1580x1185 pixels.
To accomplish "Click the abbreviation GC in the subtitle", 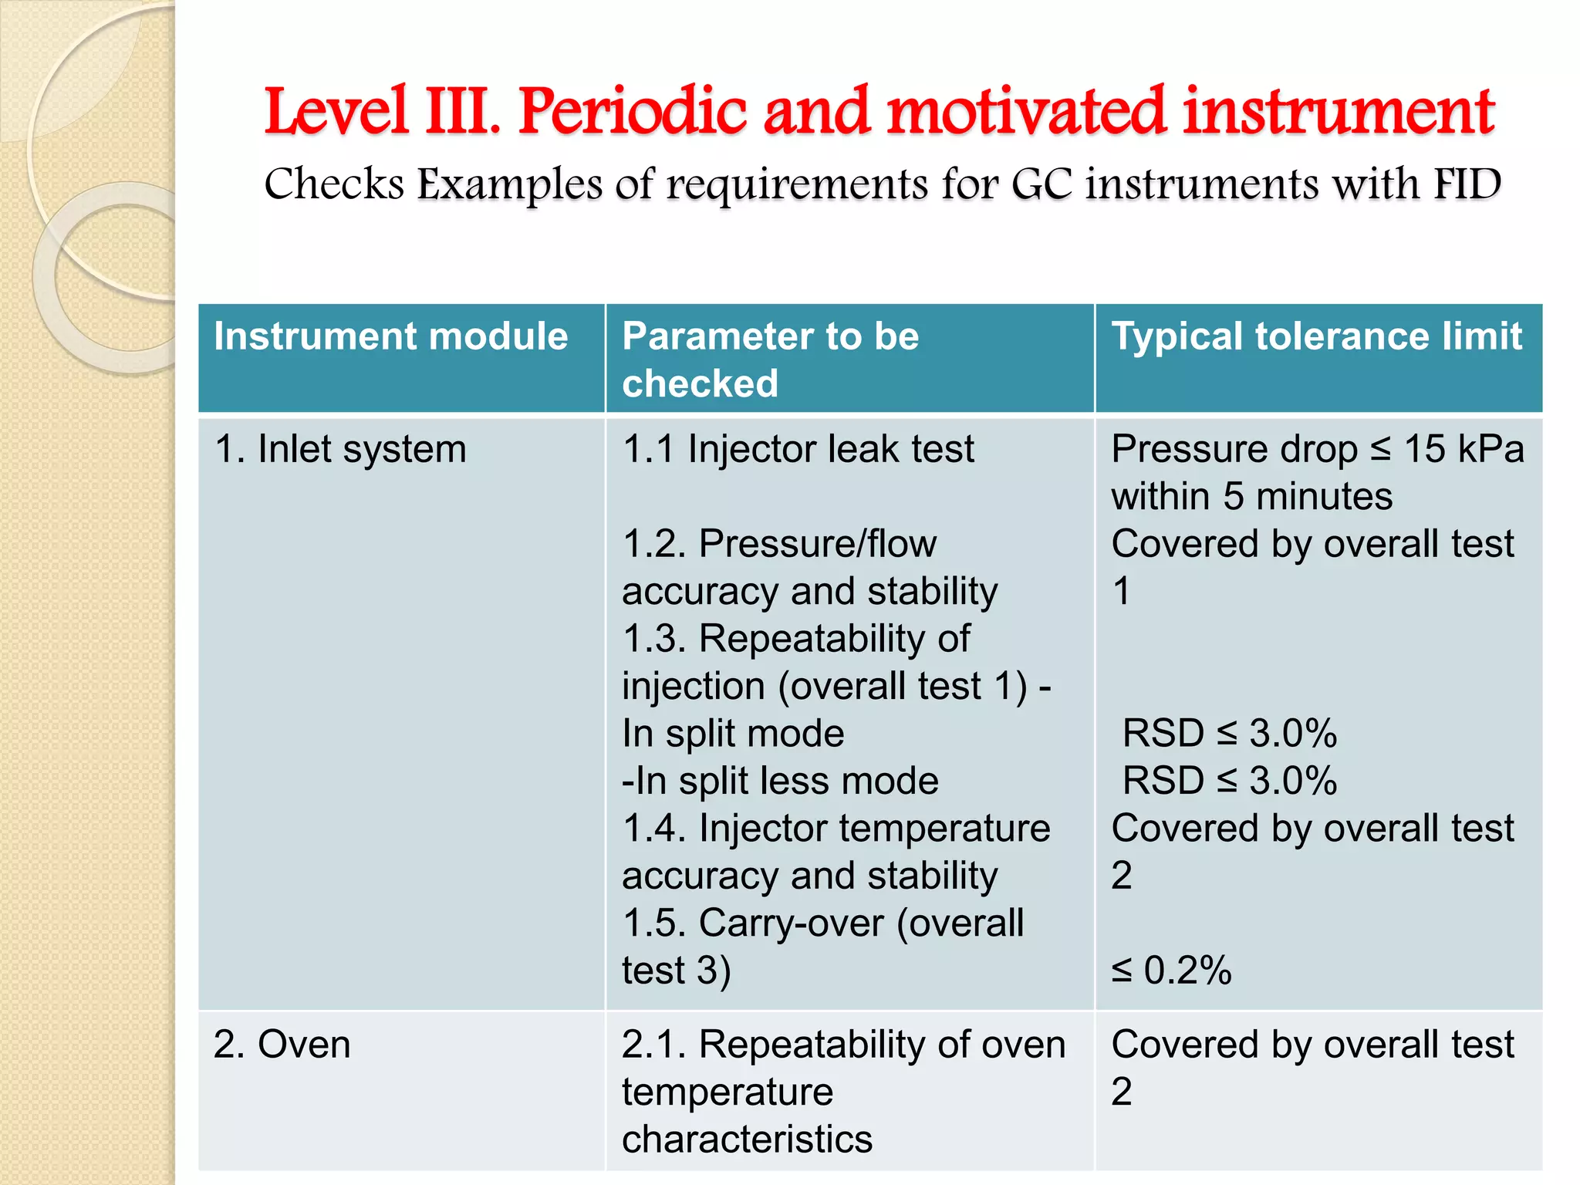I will [x=1042, y=185].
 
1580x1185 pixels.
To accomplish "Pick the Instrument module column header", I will [x=391, y=337].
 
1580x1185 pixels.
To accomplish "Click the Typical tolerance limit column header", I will [x=1316, y=337].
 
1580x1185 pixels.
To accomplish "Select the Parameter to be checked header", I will [x=770, y=360].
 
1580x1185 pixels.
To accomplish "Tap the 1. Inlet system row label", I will [x=340, y=449].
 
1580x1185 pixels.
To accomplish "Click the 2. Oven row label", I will [x=282, y=1045].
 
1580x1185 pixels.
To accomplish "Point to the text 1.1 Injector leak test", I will [x=798, y=449].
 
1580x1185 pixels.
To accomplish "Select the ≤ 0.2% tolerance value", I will [x=1171, y=971].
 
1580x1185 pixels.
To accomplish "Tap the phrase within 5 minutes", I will [x=1251, y=497].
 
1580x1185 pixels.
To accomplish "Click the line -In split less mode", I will [x=780, y=781].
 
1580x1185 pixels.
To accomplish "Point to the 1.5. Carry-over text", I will [x=822, y=923].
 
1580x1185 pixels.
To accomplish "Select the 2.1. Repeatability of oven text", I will [x=843, y=1045].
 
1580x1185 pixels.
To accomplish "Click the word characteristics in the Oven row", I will [x=747, y=1139].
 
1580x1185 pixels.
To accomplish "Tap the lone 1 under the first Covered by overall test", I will [x=1122, y=592].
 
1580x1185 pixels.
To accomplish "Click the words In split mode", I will [x=733, y=734].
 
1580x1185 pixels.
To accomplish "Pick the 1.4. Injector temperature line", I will [x=836, y=829].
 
